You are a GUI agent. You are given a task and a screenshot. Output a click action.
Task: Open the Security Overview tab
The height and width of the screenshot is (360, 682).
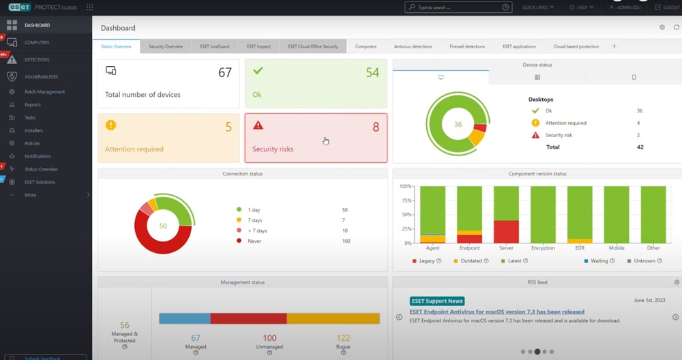[166, 46]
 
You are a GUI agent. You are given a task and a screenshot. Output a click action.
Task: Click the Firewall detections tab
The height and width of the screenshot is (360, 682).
[467, 46]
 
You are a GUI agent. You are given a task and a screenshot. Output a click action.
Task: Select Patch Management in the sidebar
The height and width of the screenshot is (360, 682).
[44, 92]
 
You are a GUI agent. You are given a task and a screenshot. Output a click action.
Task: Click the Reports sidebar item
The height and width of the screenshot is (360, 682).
[33, 105]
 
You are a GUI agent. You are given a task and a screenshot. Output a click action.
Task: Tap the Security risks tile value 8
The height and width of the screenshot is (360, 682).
[375, 127]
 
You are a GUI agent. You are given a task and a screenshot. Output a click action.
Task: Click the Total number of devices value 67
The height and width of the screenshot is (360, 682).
[225, 73]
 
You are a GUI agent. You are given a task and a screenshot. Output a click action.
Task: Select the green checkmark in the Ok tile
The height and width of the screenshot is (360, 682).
[258, 70]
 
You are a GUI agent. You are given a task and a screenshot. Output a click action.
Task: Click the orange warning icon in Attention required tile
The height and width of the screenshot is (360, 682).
[111, 125]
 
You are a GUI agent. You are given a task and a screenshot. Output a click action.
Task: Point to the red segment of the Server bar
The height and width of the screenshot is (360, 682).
[506, 231]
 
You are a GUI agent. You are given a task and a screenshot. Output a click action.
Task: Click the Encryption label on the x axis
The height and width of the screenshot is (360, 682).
[543, 248]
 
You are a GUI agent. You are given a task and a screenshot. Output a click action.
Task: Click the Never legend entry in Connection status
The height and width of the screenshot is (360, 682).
[254, 241]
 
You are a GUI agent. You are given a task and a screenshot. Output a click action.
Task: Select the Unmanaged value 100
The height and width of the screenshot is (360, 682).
[269, 338]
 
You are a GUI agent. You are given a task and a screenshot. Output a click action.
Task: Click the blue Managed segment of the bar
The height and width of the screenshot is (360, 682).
[184, 318]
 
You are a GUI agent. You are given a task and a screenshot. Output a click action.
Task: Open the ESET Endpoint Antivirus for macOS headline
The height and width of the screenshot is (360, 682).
[496, 312]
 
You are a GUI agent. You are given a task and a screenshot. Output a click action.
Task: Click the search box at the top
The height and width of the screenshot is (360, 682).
[458, 7]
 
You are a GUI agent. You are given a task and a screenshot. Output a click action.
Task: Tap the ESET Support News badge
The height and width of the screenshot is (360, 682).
[437, 301]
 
